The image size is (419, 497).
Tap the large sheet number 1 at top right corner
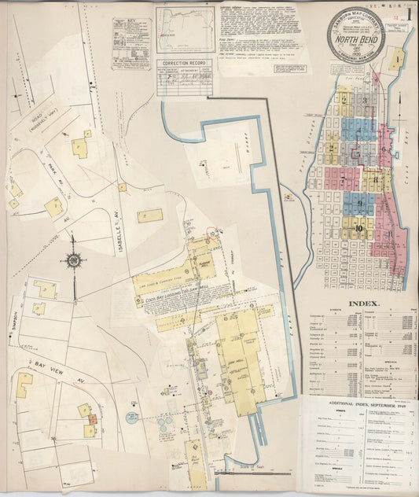pyautogui.click(x=409, y=13)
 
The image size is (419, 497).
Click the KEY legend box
pyautogui.click(x=131, y=43)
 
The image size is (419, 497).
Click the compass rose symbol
pyautogui.click(x=75, y=260)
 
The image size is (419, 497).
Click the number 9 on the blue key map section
pyautogui.click(x=359, y=203)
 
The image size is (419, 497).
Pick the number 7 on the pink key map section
pyautogui.click(x=343, y=179)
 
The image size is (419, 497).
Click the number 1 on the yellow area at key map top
pyautogui.click(x=398, y=58)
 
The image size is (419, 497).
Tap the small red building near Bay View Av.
pyautogui.click(x=92, y=420)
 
